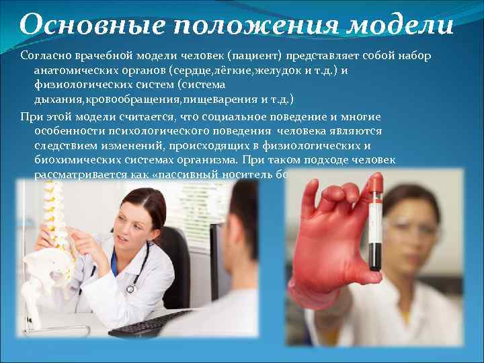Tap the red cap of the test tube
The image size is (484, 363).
[376, 180]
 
